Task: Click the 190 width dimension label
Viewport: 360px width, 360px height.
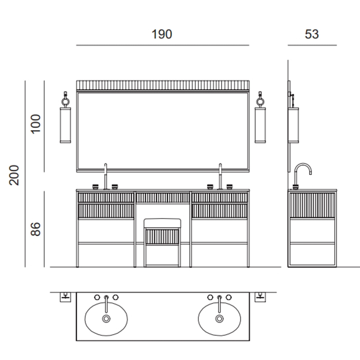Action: pos(161,34)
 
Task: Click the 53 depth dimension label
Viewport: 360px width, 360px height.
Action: pos(312,34)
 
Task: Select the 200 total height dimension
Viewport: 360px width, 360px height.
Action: pos(14,175)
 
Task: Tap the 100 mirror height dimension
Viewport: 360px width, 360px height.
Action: pos(35,124)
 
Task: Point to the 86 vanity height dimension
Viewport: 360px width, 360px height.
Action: pos(35,229)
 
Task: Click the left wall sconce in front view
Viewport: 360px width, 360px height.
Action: pos(65,117)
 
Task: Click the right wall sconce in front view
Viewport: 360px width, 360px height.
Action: pos(260,117)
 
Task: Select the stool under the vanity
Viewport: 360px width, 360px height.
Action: pos(163,243)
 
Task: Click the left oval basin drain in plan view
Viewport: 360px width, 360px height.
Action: pos(106,319)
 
